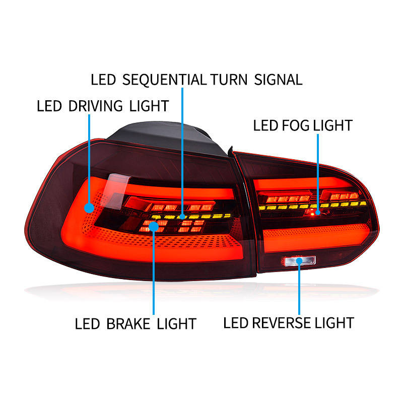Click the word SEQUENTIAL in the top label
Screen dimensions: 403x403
(165, 80)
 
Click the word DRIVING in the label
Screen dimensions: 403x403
(101, 106)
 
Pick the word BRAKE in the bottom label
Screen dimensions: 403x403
(129, 323)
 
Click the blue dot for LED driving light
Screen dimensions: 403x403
(90, 208)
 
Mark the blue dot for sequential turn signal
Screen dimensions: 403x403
(182, 220)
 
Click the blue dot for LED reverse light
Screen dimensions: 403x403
(300, 261)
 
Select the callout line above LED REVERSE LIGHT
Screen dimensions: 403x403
(300, 290)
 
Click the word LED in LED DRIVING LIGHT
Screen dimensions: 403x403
(49, 106)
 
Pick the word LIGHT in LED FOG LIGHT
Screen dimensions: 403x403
(332, 125)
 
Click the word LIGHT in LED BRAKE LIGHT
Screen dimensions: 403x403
(176, 323)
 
